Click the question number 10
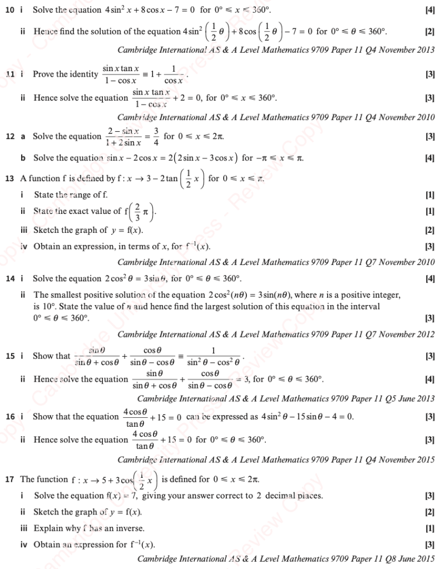click(9, 10)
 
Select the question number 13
click(9, 179)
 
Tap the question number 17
click(9, 479)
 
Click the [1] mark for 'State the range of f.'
click(429, 195)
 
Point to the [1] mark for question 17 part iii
click(429, 528)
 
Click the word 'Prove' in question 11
click(44, 74)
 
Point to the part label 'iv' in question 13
click(23, 246)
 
